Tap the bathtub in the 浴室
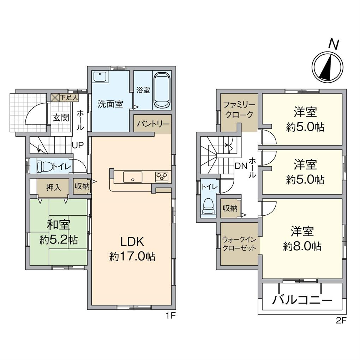(x=162, y=91)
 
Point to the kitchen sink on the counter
(x=132, y=177)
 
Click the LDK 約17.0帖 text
(x=132, y=249)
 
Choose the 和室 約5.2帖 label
(x=59, y=232)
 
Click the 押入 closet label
(x=54, y=187)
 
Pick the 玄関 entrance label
(x=61, y=118)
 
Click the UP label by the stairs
(x=78, y=145)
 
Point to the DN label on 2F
(x=241, y=166)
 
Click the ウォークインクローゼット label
(x=239, y=244)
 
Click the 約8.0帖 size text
(x=302, y=246)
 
